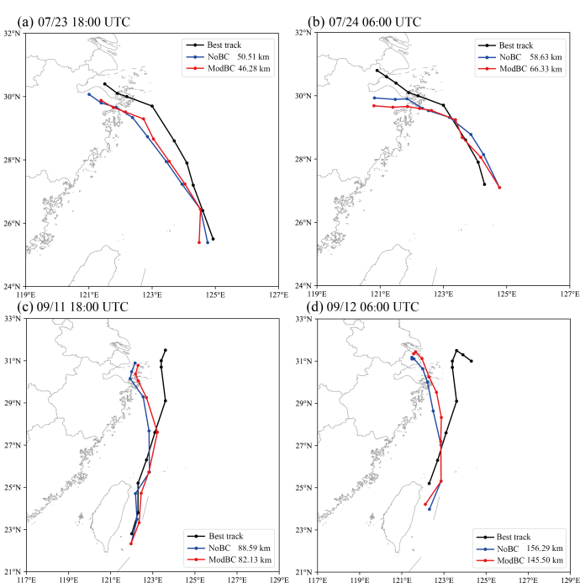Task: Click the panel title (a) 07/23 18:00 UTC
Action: (74, 22)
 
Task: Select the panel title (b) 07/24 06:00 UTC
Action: (365, 22)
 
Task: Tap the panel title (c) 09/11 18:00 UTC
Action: (73, 307)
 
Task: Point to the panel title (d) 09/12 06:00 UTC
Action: (362, 307)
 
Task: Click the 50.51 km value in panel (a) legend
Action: (253, 57)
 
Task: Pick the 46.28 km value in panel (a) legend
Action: (254, 69)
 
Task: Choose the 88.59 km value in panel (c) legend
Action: (254, 548)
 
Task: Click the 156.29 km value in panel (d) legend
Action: (545, 548)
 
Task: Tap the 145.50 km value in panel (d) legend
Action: (545, 560)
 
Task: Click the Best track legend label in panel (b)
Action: (516, 45)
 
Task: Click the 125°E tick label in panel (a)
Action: (215, 294)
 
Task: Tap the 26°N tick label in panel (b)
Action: (306, 222)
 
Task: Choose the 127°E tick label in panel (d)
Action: (528, 580)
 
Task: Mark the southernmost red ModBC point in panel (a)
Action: (199, 242)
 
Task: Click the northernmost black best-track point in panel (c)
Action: (166, 350)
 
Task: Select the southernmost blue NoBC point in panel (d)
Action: (430, 509)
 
